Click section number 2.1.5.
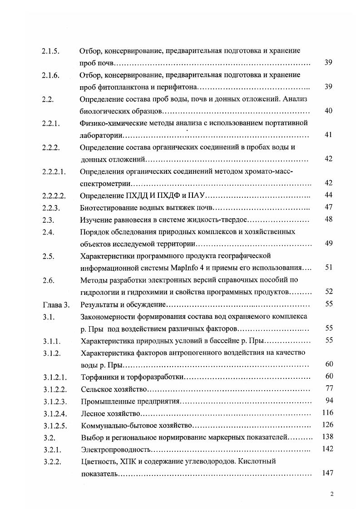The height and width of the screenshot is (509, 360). (x=51, y=51)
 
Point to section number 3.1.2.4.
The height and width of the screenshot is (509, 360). (x=54, y=413)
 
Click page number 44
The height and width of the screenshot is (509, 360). (x=329, y=195)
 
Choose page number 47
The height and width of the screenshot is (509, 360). (x=329, y=207)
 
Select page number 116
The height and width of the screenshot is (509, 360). (x=327, y=412)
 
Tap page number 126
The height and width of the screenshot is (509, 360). (x=327, y=425)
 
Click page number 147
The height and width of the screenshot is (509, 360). (x=327, y=473)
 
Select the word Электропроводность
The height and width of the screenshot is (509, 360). (x=115, y=449)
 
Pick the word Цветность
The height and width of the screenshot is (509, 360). (x=97, y=461)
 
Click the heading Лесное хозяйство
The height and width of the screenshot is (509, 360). (x=110, y=413)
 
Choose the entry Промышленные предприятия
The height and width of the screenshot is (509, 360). (x=131, y=401)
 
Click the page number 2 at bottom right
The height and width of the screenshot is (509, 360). (x=332, y=494)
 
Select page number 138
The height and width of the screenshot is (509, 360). (x=327, y=437)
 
